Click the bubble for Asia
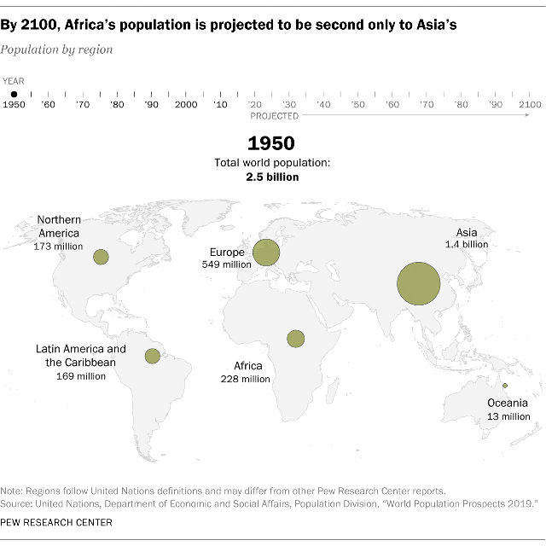pyautogui.click(x=419, y=284)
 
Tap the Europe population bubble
pyautogui.click(x=266, y=252)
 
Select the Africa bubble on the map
pyautogui.click(x=296, y=339)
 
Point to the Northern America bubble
pyautogui.click(x=101, y=257)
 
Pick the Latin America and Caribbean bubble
pyautogui.click(x=153, y=356)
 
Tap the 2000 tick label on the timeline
pyautogui.click(x=186, y=104)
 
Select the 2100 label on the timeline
pyautogui.click(x=530, y=104)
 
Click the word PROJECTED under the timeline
pyautogui.click(x=275, y=115)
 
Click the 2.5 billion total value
pyautogui.click(x=273, y=177)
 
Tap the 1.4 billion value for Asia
pyautogui.click(x=466, y=244)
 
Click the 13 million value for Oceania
pyautogui.click(x=508, y=416)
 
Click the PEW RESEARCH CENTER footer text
pyautogui.click(x=56, y=522)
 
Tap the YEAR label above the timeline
pyautogui.click(x=13, y=80)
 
